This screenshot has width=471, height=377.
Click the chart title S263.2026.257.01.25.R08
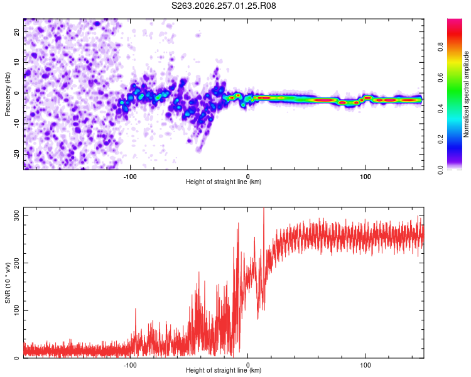pos(224,6)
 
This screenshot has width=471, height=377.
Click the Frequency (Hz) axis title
pos(8,94)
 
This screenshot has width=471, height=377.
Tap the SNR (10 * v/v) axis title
pos(8,283)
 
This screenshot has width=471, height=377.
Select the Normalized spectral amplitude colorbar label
pos(466,94)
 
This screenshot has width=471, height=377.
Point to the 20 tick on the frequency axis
pos(16,31)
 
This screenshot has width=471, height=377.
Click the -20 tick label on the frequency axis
pos(16,154)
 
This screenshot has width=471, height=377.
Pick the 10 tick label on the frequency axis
pos(16,62)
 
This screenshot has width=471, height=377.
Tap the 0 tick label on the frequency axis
pos(16,93)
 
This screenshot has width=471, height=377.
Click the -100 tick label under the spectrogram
pos(130,177)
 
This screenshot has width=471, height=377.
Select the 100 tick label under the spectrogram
pos(365,177)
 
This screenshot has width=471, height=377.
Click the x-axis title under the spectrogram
pos(224,182)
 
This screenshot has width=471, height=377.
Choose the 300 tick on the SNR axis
pos(16,216)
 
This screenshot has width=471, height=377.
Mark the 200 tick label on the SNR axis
pos(16,263)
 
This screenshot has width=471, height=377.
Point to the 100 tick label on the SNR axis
pos(16,310)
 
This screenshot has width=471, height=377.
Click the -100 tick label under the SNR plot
pos(130,365)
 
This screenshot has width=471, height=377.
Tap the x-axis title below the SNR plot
pos(224,370)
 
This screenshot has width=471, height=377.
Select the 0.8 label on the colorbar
pos(440,47)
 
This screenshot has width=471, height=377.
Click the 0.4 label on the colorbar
pos(440,109)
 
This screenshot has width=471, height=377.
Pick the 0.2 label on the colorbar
pos(440,139)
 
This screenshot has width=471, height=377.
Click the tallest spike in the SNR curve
pos(264,209)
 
